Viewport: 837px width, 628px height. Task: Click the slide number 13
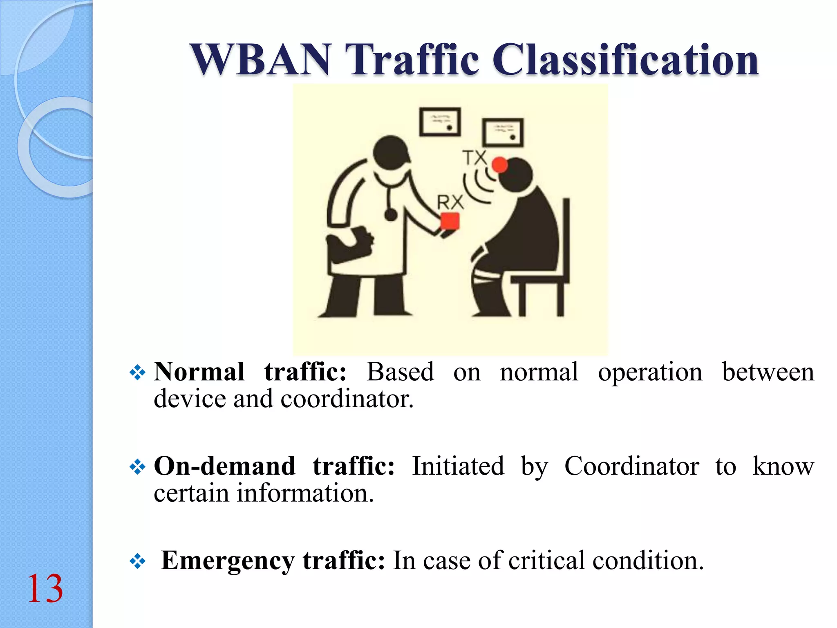(x=45, y=589)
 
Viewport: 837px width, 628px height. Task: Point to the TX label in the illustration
(x=474, y=157)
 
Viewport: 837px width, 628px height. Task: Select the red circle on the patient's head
(x=499, y=165)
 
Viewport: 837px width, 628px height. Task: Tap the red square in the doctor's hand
(x=450, y=221)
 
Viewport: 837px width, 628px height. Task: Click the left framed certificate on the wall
(x=440, y=122)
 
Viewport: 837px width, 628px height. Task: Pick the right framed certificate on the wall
(x=503, y=132)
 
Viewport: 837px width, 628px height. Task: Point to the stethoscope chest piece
(x=391, y=215)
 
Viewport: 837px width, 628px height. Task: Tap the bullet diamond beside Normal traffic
(x=137, y=372)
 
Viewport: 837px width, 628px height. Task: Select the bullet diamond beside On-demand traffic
(x=137, y=467)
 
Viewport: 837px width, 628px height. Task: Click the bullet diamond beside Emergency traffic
(x=137, y=561)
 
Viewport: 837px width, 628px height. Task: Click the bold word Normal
(x=199, y=372)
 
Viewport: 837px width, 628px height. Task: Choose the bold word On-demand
(x=224, y=466)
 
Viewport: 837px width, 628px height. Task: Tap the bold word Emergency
(x=228, y=561)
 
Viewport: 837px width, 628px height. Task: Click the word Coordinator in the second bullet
(x=631, y=466)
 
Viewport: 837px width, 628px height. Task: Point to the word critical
(x=547, y=561)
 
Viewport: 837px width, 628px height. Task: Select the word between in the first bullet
(x=768, y=372)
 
